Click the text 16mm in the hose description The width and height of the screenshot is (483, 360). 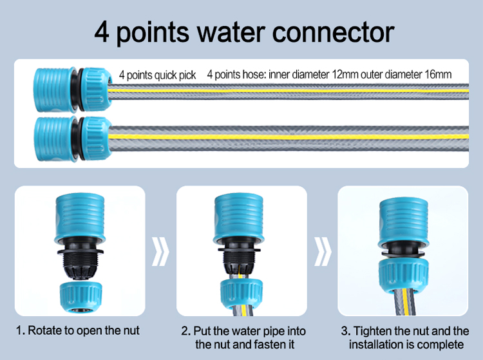click(x=438, y=75)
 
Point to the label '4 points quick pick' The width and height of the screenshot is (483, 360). click(x=157, y=75)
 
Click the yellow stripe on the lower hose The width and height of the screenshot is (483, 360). click(x=290, y=137)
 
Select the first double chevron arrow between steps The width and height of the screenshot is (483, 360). click(x=160, y=251)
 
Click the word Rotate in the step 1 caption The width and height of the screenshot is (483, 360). click(x=44, y=332)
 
